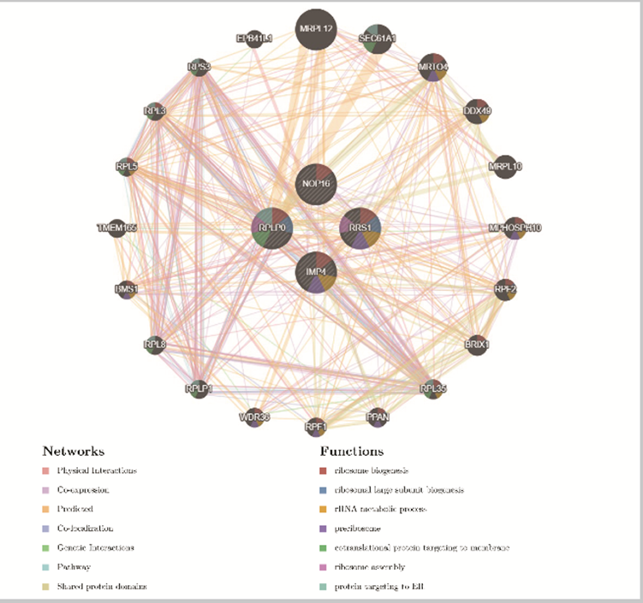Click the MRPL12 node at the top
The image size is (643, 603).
point(315,30)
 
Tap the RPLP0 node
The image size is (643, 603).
point(272,228)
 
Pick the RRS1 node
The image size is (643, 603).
point(360,228)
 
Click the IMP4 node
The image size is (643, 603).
point(315,272)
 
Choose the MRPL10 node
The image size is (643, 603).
point(503,166)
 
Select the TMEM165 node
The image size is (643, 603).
point(117,228)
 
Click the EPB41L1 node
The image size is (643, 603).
point(254,38)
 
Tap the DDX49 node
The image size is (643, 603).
point(477,110)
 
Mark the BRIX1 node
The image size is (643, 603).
point(477,345)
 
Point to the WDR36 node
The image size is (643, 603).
point(254,418)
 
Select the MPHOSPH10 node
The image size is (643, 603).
point(515,228)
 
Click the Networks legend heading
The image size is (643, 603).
point(73,451)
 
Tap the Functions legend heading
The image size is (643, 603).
point(351,451)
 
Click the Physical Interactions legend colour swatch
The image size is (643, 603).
point(45,470)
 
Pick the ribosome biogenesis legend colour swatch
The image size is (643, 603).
point(323,470)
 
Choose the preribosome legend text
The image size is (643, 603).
point(359,528)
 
